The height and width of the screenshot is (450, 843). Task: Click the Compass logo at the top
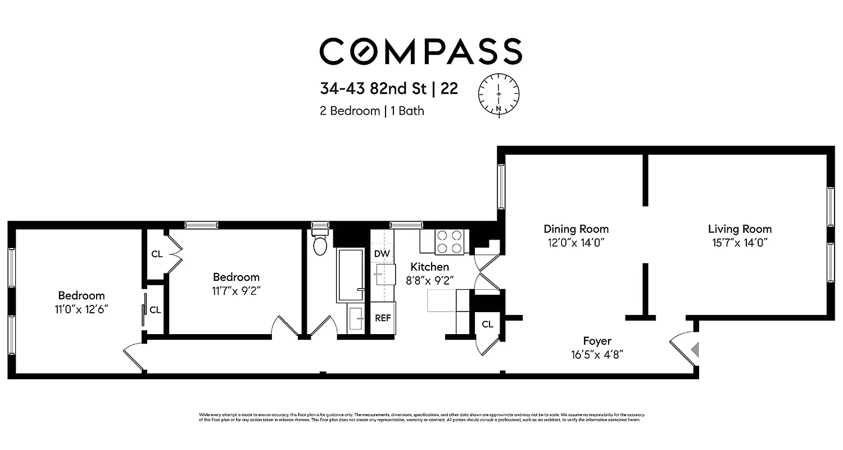[x=421, y=51]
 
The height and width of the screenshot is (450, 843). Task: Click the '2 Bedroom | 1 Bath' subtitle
[x=371, y=111]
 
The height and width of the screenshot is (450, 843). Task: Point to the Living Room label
[x=740, y=229]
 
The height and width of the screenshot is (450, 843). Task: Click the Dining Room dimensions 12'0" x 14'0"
[x=576, y=242]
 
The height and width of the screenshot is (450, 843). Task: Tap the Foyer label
[x=597, y=341]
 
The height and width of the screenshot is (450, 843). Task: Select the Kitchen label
[x=429, y=267]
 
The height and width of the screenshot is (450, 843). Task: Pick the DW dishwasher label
[x=382, y=254]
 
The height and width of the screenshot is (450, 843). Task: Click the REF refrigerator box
[x=383, y=318]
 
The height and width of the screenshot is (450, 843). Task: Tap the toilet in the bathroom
[x=320, y=243]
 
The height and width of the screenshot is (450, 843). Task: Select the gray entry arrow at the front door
[x=695, y=349]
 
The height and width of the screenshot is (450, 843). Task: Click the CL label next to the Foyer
[x=487, y=325]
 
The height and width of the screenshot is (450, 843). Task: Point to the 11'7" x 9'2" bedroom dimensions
[x=236, y=291]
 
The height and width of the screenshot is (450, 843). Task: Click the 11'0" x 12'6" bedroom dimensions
[x=82, y=309]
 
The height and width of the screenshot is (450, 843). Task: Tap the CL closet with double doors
[x=157, y=254]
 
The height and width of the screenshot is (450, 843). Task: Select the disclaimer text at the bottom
[x=421, y=417]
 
